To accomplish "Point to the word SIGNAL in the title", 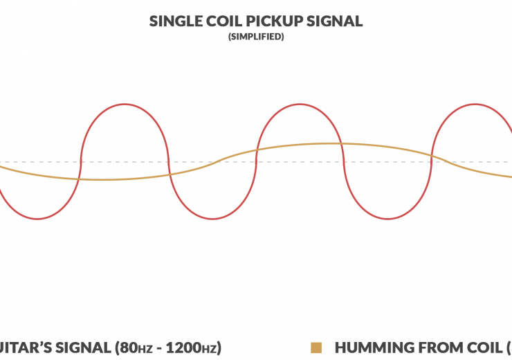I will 336,21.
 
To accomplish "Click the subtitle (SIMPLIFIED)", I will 256,37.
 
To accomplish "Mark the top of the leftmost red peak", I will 125,105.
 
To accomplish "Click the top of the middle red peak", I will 300,105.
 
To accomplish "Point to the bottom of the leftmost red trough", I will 37,219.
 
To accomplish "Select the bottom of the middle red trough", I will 212,219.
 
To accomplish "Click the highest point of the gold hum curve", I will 325,143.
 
